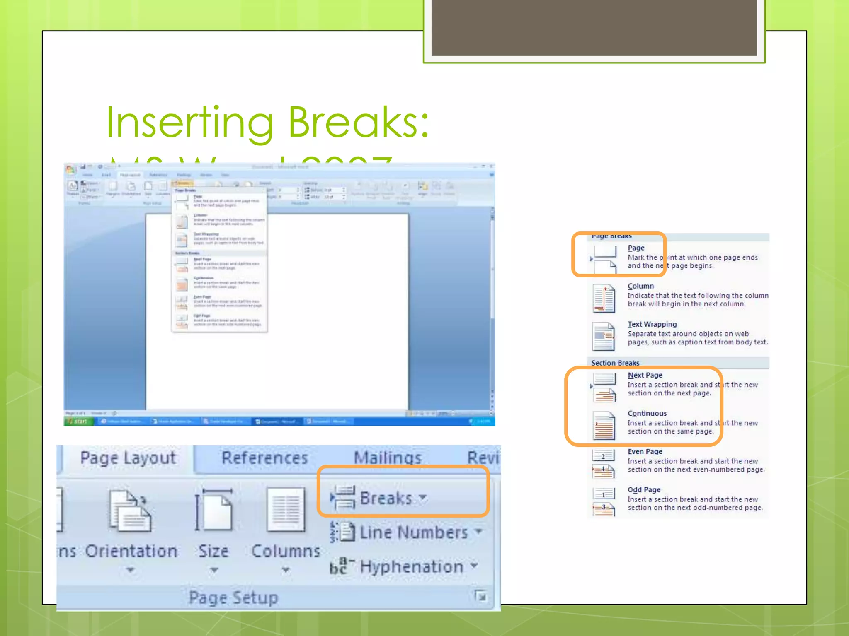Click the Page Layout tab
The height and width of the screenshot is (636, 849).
coord(128,458)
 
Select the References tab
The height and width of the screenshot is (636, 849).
coord(264,458)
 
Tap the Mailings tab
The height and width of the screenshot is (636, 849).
coord(388,458)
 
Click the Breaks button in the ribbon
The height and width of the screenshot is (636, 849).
coord(386,498)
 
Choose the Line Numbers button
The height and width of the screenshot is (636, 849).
coord(413,532)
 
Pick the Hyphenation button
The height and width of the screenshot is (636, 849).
coord(411,566)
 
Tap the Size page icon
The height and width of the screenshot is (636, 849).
coord(213,510)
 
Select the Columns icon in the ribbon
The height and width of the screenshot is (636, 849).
coord(286,510)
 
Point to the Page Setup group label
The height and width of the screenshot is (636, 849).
coord(233,598)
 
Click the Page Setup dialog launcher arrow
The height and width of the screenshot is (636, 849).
coord(481,596)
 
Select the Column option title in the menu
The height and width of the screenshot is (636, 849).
coord(640,286)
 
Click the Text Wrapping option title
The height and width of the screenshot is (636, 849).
coord(652,324)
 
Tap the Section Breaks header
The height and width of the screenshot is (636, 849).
coord(615,363)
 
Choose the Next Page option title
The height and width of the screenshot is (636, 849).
coord(645,375)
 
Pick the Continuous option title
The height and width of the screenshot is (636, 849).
coord(647,413)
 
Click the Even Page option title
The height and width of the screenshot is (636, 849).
coord(645,452)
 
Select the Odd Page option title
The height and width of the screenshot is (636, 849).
coord(644,490)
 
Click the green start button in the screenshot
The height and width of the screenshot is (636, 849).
coord(78,422)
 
